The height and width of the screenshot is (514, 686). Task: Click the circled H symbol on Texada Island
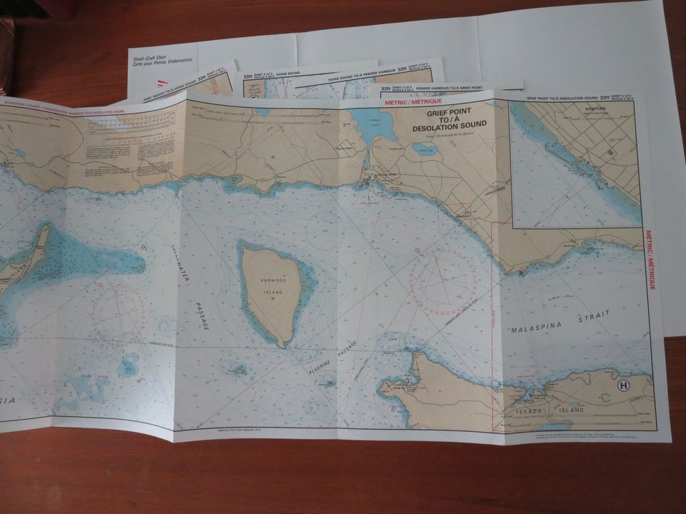point(624,386)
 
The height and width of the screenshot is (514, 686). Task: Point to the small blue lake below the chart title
point(427,149)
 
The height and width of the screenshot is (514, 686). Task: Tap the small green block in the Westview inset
point(609,152)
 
